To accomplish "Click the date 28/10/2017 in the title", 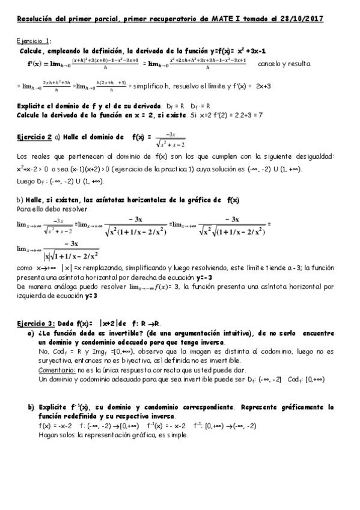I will pyautogui.click(x=304, y=19).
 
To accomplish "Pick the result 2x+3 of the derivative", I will pyautogui.click(x=263, y=87).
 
